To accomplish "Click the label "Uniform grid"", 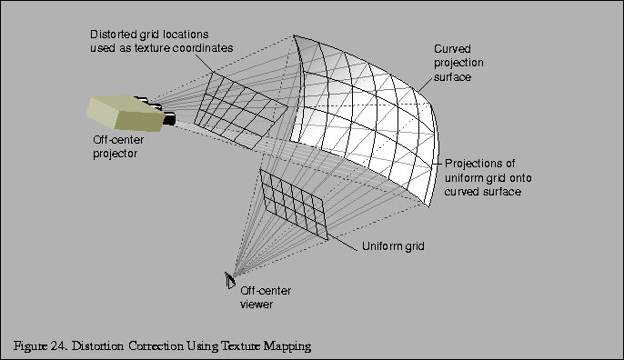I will pyautogui.click(x=393, y=246).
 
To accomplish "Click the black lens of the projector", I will pyautogui.click(x=169, y=117).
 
